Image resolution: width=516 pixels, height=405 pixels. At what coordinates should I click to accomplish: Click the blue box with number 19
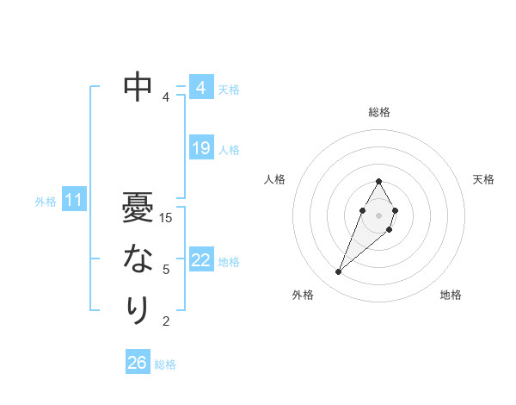[x=200, y=148]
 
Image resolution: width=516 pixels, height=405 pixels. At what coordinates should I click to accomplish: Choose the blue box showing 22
[x=200, y=260]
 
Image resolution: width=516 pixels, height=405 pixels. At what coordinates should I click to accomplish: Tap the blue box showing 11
[x=73, y=201]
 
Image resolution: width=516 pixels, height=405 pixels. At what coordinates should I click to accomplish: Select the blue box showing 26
[x=137, y=363]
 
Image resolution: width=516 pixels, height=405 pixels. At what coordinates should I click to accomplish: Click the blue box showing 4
[x=200, y=88]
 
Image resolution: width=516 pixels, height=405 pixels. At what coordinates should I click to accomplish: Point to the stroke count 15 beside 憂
[x=167, y=218]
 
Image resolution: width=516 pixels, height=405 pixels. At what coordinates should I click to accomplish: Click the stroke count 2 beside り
[x=166, y=321]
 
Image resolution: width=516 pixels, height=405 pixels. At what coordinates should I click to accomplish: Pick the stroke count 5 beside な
[x=166, y=270]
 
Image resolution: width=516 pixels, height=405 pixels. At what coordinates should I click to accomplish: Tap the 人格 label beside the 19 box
[x=229, y=150]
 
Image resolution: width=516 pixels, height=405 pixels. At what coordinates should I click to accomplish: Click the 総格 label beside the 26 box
[x=165, y=364]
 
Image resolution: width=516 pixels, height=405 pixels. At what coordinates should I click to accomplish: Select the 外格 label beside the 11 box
[x=46, y=202]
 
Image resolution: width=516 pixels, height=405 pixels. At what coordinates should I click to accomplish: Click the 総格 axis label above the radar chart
[x=378, y=112]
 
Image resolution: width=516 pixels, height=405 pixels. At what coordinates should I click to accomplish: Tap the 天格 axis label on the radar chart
[x=483, y=179]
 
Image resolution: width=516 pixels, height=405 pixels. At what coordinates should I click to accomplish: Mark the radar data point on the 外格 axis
[x=338, y=272]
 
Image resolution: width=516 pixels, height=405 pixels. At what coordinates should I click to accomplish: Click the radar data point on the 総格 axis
[x=378, y=181]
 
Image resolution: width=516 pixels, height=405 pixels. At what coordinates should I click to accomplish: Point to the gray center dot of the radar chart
[x=378, y=215]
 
